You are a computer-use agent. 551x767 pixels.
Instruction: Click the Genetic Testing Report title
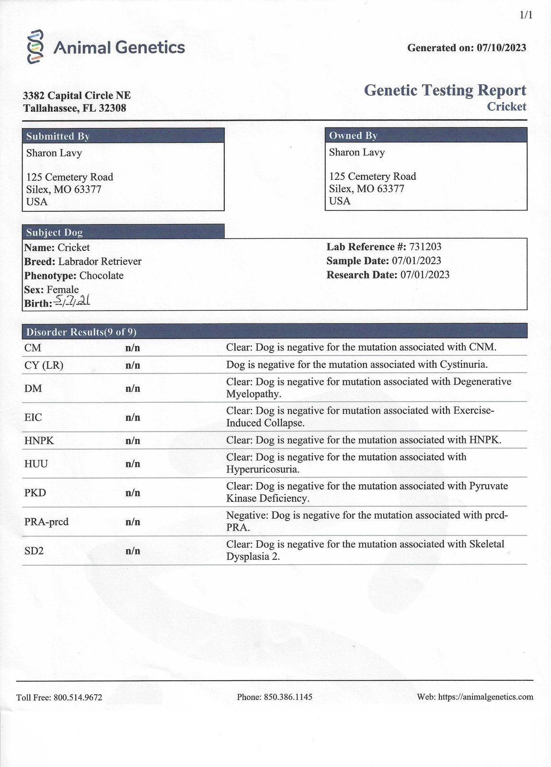(x=445, y=90)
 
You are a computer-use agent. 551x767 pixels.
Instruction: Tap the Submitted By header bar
(x=123, y=136)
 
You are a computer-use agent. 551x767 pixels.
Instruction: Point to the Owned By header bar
(x=426, y=135)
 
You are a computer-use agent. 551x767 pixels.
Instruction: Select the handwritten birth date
(x=72, y=301)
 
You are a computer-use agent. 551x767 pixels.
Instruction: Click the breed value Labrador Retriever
(x=100, y=262)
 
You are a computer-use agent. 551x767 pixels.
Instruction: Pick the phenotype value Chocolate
(x=102, y=276)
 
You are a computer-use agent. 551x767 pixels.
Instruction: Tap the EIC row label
(x=33, y=418)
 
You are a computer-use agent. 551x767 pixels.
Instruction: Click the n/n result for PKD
(x=133, y=493)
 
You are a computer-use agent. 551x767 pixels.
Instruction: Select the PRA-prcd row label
(x=46, y=522)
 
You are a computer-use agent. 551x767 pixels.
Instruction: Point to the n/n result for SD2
(x=133, y=551)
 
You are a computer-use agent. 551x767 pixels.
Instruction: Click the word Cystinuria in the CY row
(x=463, y=365)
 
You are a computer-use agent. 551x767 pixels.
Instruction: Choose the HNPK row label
(x=39, y=441)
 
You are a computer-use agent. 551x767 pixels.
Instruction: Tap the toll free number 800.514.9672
(x=78, y=697)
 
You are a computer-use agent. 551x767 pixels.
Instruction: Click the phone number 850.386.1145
(x=288, y=697)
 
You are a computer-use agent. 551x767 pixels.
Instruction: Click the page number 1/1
(x=526, y=15)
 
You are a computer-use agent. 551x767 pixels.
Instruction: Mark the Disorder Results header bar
(x=275, y=331)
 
